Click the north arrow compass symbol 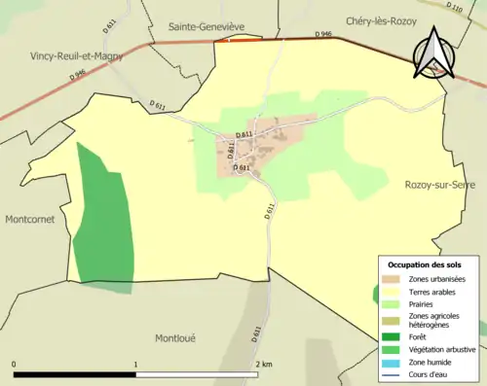click(x=434, y=53)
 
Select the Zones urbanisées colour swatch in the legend click(x=390, y=279)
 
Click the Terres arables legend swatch click(x=390, y=291)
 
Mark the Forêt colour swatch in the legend click(x=390, y=338)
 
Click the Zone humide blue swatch click(x=390, y=364)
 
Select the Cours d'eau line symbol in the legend click(x=390, y=375)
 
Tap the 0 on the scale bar click(x=14, y=364)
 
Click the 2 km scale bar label click(x=263, y=364)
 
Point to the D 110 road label click(x=455, y=8)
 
